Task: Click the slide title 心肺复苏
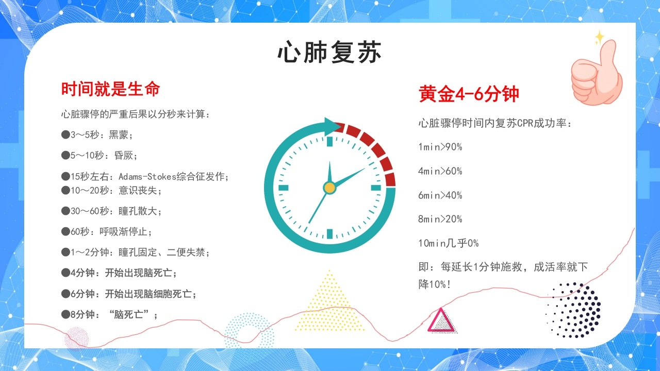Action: pos(329,53)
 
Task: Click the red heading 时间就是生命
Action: pos(110,89)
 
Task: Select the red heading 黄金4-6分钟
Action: pos(469,94)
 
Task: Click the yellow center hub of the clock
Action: pos(329,188)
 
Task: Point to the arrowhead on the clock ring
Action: pos(333,125)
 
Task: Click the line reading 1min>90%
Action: pos(440,147)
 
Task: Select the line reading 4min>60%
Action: pos(440,171)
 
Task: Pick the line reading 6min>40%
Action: pos(440,195)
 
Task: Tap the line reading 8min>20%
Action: pos(440,219)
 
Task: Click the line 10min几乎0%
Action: pos(448,243)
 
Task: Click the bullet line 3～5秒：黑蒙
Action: pos(98,135)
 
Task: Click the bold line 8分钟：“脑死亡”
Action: pos(110,314)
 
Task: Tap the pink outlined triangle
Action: pos(441,321)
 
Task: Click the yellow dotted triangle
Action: pos(329,304)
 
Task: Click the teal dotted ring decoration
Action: pos(249,330)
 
